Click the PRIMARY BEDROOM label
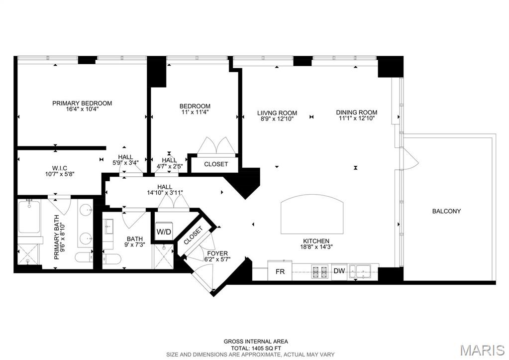coord(82,103)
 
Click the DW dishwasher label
coord(339,271)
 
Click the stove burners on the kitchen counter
coord(319,272)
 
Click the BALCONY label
coord(446,211)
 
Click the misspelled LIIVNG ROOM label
coord(277,113)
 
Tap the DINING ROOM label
coord(356,113)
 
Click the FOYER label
coord(217,253)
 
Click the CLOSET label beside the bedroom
coord(216,164)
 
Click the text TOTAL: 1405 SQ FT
coord(255,348)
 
